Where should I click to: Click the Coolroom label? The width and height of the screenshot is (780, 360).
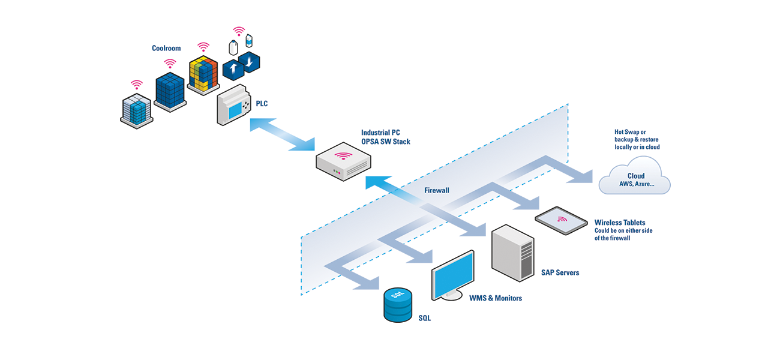click(x=166, y=48)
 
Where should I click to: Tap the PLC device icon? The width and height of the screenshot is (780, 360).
click(x=233, y=104)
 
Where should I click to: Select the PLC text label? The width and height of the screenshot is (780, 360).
click(x=262, y=103)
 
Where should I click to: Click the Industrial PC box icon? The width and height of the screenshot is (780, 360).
click(x=343, y=161)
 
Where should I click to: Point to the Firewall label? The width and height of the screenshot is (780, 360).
click(x=437, y=190)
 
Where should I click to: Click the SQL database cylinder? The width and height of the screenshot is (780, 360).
click(x=398, y=305)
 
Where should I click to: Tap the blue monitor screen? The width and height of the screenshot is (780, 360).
click(x=453, y=275)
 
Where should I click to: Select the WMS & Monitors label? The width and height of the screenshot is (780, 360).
click(x=496, y=298)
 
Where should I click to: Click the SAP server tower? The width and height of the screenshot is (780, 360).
click(x=512, y=253)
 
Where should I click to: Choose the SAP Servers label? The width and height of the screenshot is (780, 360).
click(x=560, y=272)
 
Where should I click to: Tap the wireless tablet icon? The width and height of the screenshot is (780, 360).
click(x=562, y=220)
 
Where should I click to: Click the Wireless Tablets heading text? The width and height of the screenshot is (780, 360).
click(x=620, y=223)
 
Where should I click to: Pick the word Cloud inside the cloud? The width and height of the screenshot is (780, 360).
click(x=636, y=176)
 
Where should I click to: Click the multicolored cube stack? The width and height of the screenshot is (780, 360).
click(x=203, y=75)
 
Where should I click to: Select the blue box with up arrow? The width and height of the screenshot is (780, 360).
click(x=233, y=69)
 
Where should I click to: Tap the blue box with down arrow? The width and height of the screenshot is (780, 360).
click(x=250, y=62)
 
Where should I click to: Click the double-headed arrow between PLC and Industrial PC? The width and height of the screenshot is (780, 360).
click(x=283, y=134)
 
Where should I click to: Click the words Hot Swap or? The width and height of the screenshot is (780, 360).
click(x=630, y=132)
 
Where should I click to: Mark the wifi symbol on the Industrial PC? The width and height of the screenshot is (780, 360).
click(x=343, y=155)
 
